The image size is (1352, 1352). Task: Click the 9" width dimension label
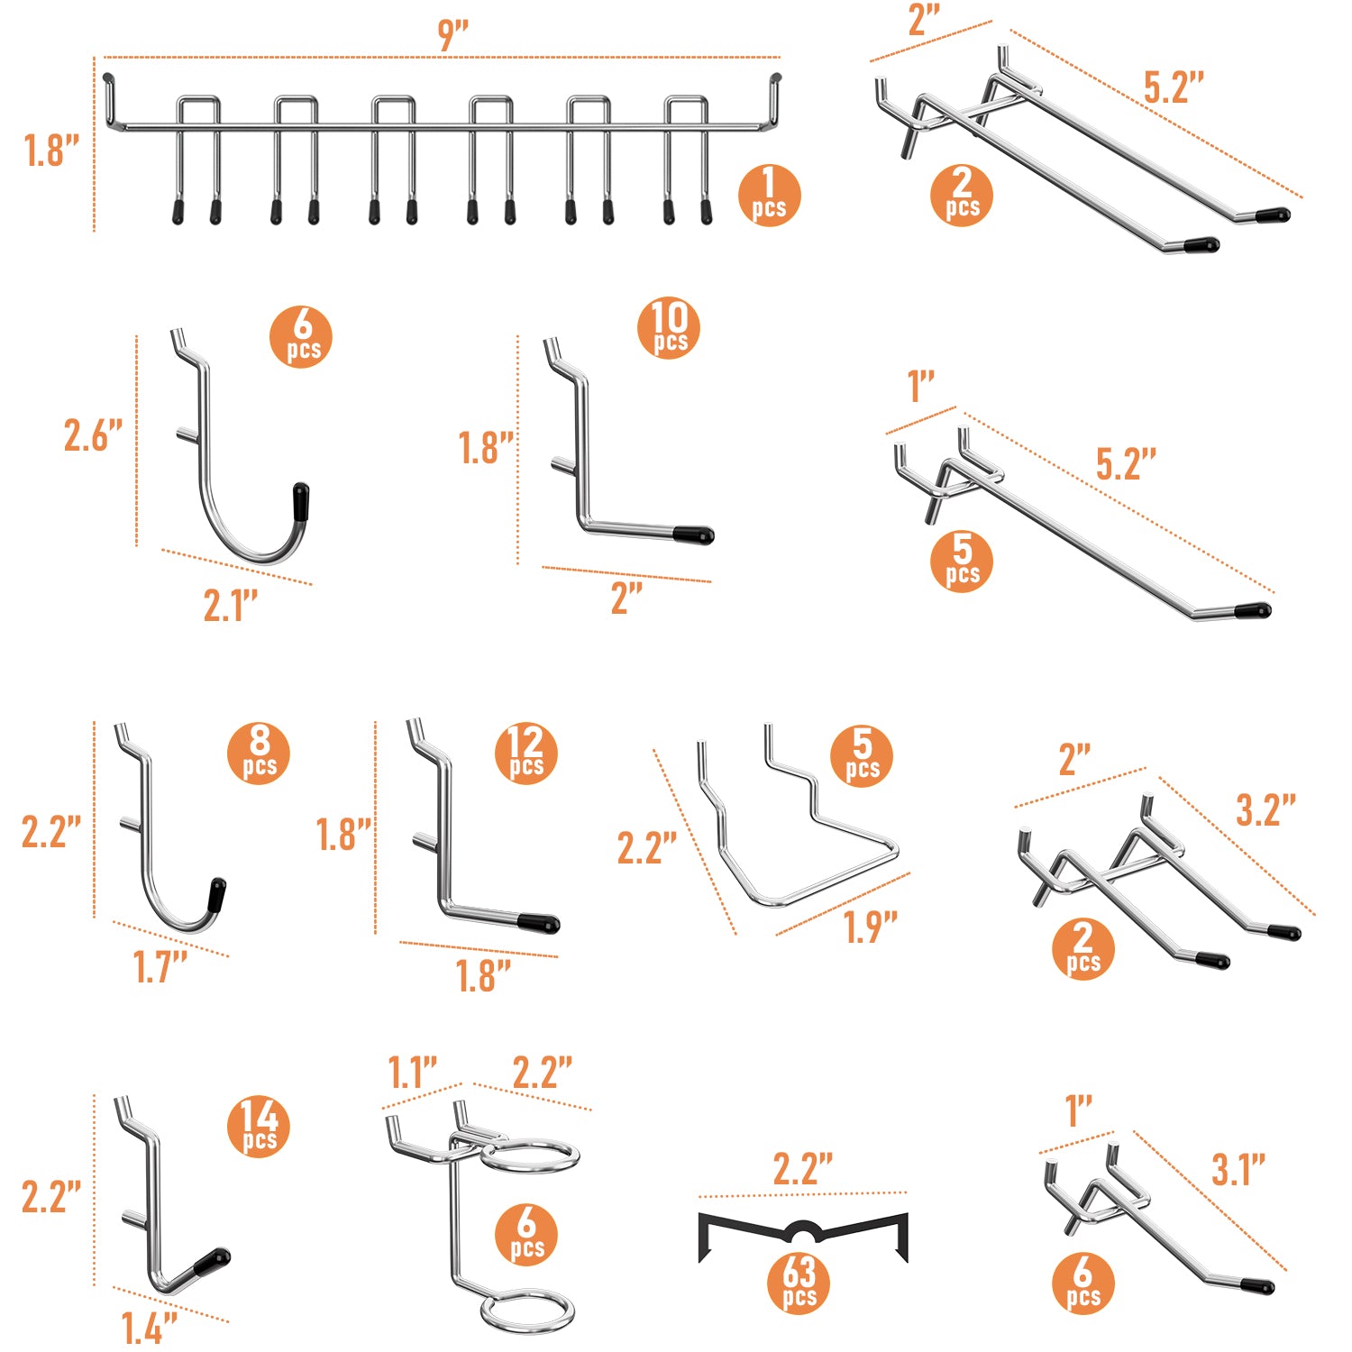pos(452,35)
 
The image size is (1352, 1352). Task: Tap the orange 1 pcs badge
pos(769,195)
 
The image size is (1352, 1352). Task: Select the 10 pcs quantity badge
pos(669,328)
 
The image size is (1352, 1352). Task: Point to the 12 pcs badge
pos(526,754)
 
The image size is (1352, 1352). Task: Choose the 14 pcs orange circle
pos(260,1127)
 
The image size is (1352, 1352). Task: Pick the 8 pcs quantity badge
pos(260,754)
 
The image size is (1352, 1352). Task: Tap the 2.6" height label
pos(93,435)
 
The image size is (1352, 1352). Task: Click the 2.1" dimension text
pos(231,606)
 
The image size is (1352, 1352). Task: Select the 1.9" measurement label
pos(871,927)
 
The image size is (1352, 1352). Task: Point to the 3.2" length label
pos(1265,810)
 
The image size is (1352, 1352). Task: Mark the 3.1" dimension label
pos(1238,1170)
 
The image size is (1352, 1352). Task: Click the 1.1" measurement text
pos(413,1073)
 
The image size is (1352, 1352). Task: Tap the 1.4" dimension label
pos(150,1328)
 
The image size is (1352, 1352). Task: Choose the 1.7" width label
pos(160,967)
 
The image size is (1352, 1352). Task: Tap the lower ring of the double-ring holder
pos(527,1299)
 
